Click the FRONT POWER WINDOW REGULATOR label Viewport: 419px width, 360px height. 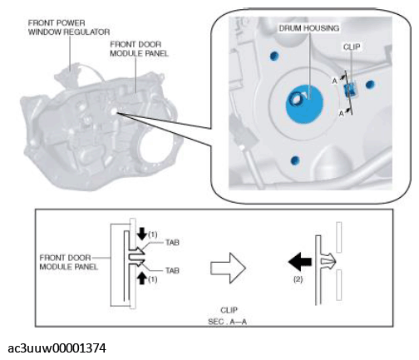[x=69, y=27]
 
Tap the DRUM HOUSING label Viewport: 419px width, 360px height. [x=309, y=28]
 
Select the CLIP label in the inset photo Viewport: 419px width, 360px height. [x=352, y=47]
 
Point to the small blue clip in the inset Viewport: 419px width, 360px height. [x=350, y=90]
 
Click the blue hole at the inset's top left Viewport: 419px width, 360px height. [x=274, y=56]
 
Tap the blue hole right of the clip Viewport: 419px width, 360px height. [x=370, y=84]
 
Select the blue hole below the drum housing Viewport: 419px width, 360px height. [x=295, y=160]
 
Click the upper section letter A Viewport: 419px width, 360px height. [x=335, y=81]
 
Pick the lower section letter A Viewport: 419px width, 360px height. [x=341, y=113]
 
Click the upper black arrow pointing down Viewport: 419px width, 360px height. [x=142, y=234]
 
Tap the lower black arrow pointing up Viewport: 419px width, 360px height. [x=142, y=278]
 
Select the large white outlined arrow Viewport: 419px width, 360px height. [x=228, y=268]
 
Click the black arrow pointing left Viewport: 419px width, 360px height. [x=300, y=261]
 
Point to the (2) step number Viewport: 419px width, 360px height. [x=298, y=279]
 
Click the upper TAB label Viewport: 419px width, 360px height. [x=172, y=243]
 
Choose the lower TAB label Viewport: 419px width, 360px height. [x=172, y=270]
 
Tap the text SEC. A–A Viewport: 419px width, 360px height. [x=227, y=322]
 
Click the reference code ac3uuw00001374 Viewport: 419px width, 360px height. [x=57, y=348]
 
